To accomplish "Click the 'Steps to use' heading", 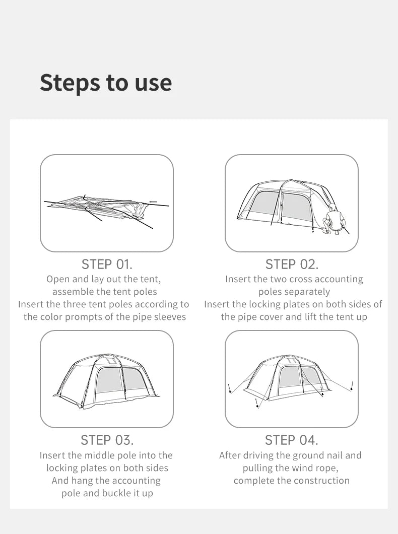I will (x=106, y=83).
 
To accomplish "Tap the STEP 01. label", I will (x=107, y=264).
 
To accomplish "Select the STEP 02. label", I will (x=292, y=264).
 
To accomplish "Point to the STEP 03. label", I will (x=107, y=440).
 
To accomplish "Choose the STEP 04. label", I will (x=292, y=440).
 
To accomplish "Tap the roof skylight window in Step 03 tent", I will (x=107, y=360).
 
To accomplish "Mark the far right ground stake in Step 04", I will (x=352, y=386).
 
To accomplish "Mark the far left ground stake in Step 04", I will (x=230, y=388).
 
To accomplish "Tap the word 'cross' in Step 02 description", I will (x=299, y=279).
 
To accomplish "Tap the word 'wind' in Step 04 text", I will (x=300, y=468).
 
